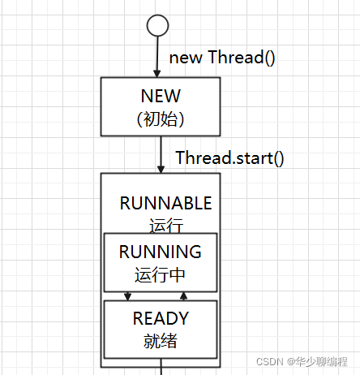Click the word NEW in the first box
click(161, 96)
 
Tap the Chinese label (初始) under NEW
click(161, 119)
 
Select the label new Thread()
click(222, 58)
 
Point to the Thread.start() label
click(229, 157)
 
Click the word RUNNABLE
click(165, 203)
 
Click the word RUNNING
click(161, 252)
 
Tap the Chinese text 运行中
click(160, 274)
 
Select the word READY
click(161, 318)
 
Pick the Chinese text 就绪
click(161, 341)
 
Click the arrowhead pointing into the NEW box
click(157, 74)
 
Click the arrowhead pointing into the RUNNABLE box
click(161, 169)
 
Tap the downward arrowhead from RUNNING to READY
click(127, 296)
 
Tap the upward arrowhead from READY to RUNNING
click(183, 296)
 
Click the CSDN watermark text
click(270, 362)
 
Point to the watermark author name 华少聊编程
click(321, 361)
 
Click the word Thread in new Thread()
click(236, 57)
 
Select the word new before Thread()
click(186, 58)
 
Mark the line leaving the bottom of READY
click(161, 367)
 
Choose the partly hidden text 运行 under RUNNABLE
click(166, 226)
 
